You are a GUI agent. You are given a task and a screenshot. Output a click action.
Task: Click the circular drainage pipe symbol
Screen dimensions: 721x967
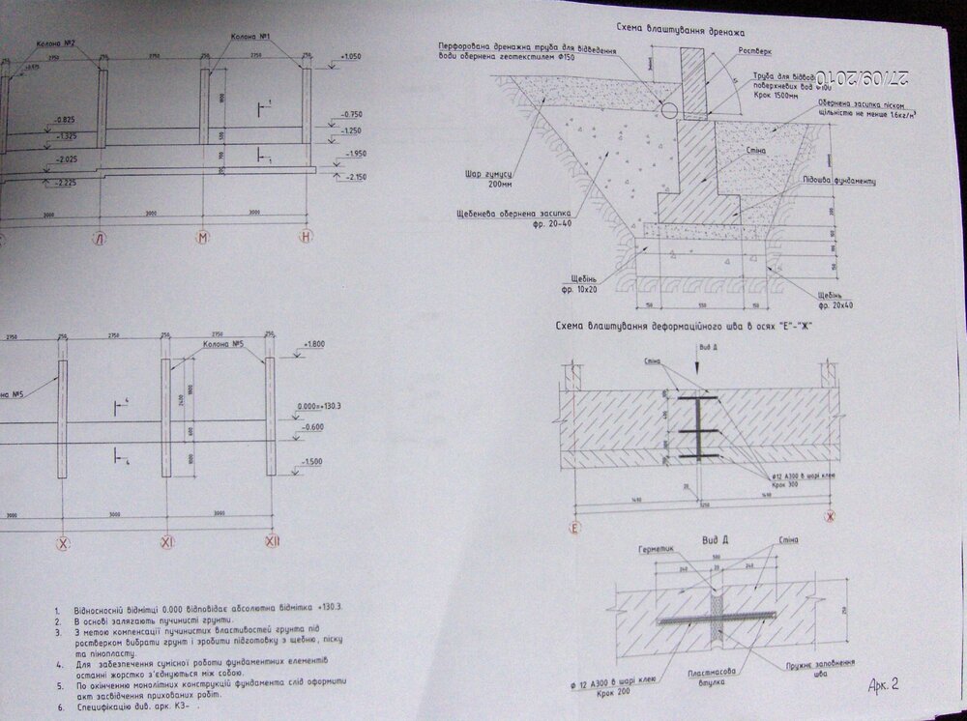[x=668, y=110]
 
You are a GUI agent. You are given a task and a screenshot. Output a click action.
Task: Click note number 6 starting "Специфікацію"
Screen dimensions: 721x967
[x=135, y=707]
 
